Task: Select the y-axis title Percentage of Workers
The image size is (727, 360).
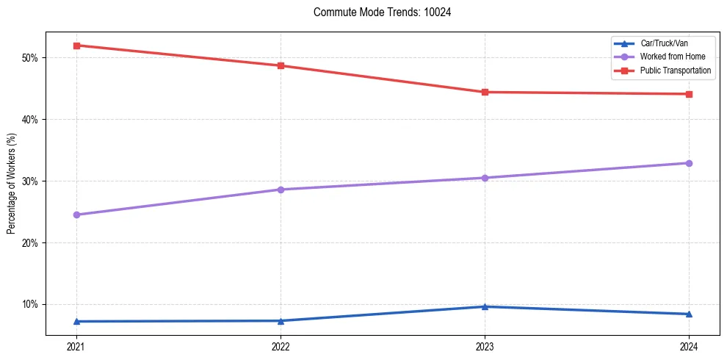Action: (11, 183)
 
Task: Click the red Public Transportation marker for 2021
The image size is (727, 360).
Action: (76, 46)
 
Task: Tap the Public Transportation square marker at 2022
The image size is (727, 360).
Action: (281, 65)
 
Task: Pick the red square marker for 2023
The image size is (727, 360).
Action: (485, 92)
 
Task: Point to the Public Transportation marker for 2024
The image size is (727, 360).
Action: (689, 94)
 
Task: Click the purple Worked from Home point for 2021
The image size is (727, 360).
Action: (76, 215)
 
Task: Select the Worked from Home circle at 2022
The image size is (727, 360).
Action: (281, 190)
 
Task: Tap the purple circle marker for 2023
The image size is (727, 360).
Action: (485, 178)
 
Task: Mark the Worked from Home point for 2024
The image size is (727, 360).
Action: (689, 163)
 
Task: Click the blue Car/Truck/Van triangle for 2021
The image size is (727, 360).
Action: (76, 321)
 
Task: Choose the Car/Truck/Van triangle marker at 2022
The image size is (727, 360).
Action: (281, 320)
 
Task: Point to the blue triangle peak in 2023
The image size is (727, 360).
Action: (485, 306)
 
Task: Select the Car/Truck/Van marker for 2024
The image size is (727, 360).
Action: (689, 314)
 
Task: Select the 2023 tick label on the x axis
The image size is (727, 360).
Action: (485, 346)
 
